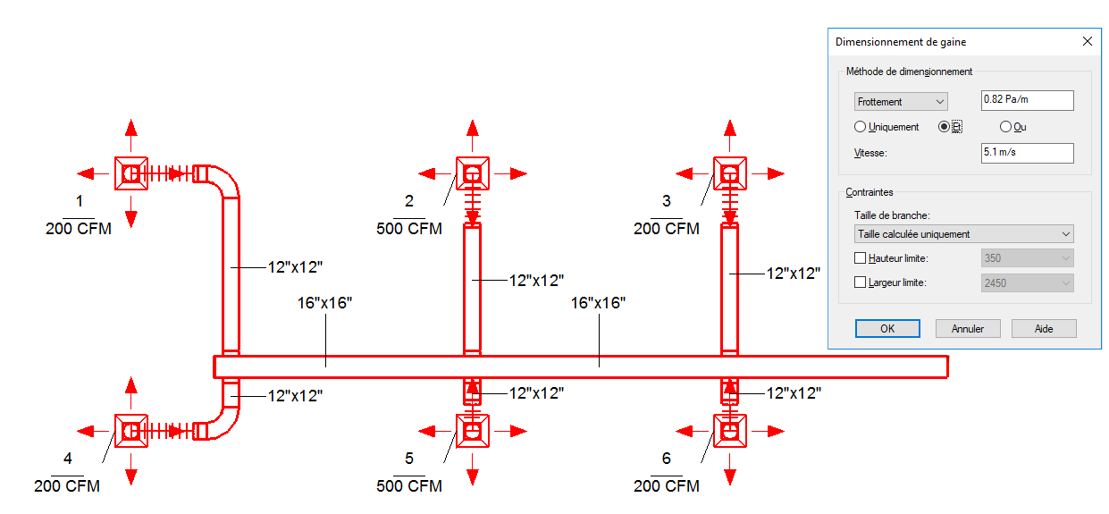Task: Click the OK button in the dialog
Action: point(886,329)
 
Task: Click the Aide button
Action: point(1043,329)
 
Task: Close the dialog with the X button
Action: point(1087,42)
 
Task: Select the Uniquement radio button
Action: point(861,127)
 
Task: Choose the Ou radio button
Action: point(1005,127)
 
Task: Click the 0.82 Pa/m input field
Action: point(1027,100)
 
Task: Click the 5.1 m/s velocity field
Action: point(1027,153)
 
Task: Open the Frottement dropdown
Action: point(900,102)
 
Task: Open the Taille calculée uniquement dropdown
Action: point(963,234)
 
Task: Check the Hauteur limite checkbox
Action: point(861,258)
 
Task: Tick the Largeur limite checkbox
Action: point(861,282)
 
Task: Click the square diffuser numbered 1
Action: point(131,173)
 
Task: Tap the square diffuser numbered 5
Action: point(473,431)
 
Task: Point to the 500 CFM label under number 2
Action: point(409,229)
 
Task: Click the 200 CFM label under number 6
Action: point(667,486)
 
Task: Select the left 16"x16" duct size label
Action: point(325,303)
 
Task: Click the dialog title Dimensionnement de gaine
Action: point(900,42)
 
